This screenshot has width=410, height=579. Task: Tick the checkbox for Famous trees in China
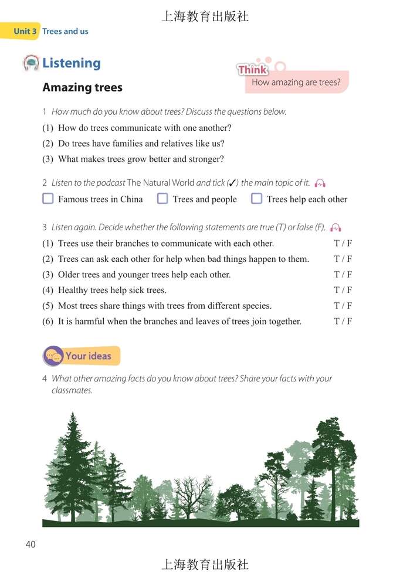(x=48, y=199)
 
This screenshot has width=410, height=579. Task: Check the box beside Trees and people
(x=162, y=199)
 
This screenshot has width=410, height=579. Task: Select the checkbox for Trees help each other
(x=256, y=199)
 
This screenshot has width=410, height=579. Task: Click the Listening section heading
(x=71, y=63)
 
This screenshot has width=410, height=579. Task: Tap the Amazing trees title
(x=82, y=87)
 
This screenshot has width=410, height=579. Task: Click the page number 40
(x=31, y=544)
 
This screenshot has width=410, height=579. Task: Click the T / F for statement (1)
(x=343, y=243)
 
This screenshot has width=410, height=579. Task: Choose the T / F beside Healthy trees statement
(x=343, y=290)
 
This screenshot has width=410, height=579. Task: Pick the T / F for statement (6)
(x=343, y=321)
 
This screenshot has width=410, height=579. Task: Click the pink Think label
(x=253, y=70)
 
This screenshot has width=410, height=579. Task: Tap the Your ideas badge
(x=82, y=356)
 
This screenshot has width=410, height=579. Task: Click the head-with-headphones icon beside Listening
(x=31, y=63)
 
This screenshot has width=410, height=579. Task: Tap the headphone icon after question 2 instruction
(x=320, y=183)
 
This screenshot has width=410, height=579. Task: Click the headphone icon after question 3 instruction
(x=336, y=227)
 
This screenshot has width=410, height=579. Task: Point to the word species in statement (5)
(x=256, y=305)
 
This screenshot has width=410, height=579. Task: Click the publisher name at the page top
(x=205, y=16)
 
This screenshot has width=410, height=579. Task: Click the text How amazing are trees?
(x=296, y=82)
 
